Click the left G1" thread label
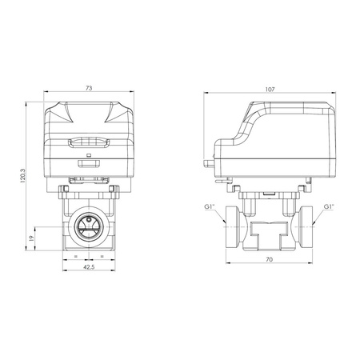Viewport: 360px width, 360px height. coord(209,207)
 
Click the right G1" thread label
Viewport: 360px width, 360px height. coord(329,207)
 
